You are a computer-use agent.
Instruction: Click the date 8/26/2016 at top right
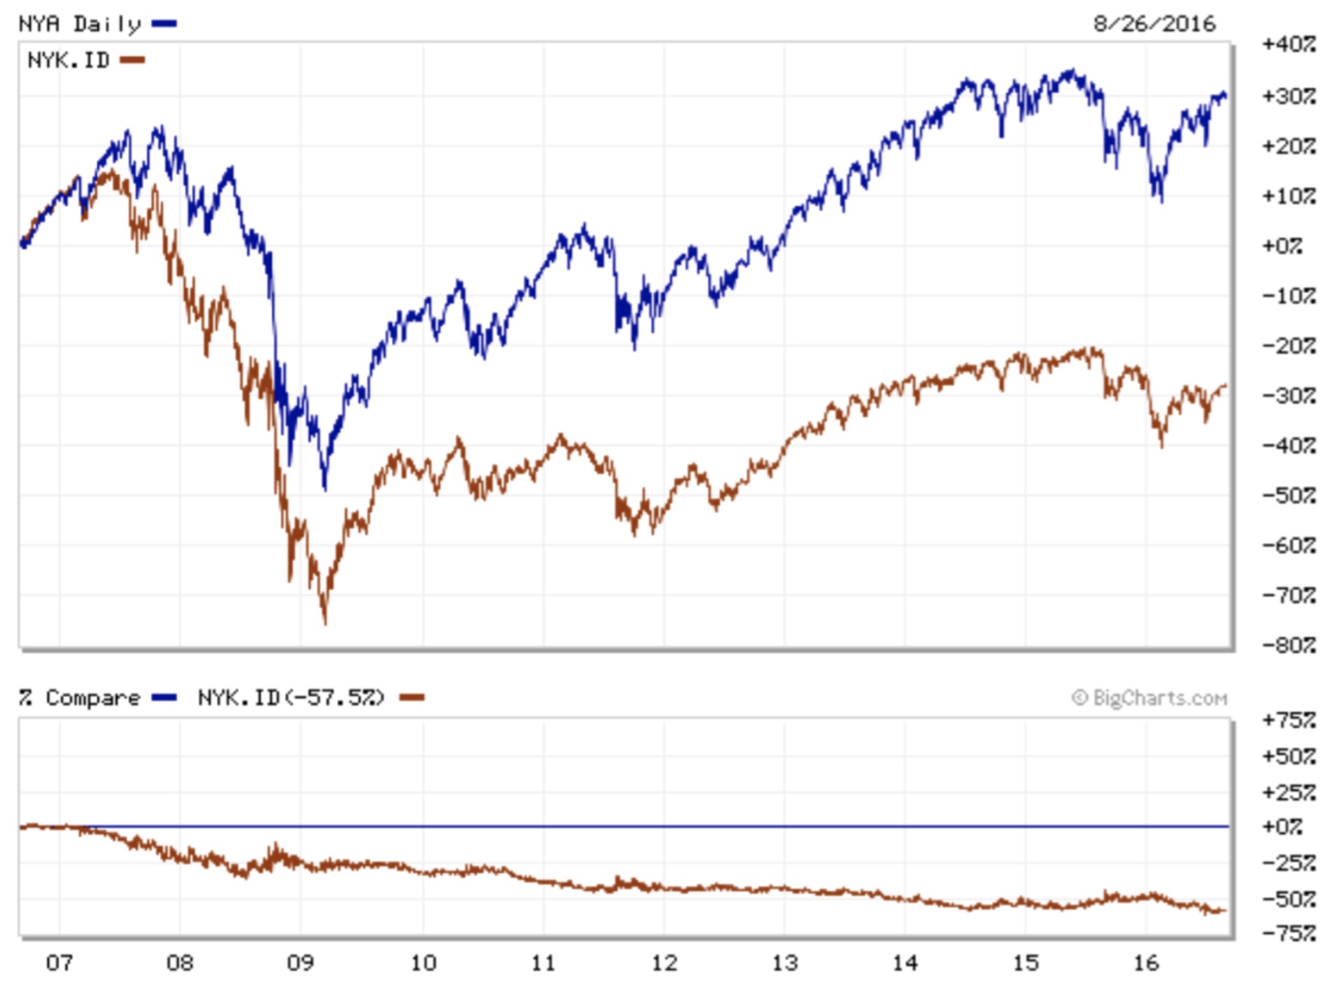coord(1153,24)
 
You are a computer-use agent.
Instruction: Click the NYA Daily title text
coord(79,24)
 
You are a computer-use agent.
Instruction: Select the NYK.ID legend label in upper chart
coord(68,60)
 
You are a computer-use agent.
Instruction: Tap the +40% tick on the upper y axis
coord(1288,44)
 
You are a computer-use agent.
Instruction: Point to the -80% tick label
coord(1288,645)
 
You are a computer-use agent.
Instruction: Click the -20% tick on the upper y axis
coord(1288,346)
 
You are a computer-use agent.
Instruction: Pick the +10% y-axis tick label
coord(1288,196)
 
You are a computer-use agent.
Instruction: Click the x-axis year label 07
coord(59,962)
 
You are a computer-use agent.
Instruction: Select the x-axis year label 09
coord(300,962)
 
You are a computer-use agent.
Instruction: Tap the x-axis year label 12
coord(664,962)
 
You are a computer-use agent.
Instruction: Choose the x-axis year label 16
coord(1145,962)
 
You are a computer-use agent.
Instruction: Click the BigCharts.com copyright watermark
coord(1149,698)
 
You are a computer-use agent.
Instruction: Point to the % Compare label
coord(79,698)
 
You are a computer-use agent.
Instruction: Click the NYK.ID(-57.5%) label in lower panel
coord(291,698)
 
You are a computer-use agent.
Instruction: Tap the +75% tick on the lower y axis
coord(1288,721)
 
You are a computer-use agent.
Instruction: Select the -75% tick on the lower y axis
coord(1288,933)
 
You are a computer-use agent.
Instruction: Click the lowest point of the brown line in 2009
coord(324,622)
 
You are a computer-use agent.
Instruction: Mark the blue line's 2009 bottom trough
coord(324,488)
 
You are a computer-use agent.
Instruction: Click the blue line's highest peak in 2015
coord(1072,70)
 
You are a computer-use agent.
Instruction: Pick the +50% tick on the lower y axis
coord(1288,756)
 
